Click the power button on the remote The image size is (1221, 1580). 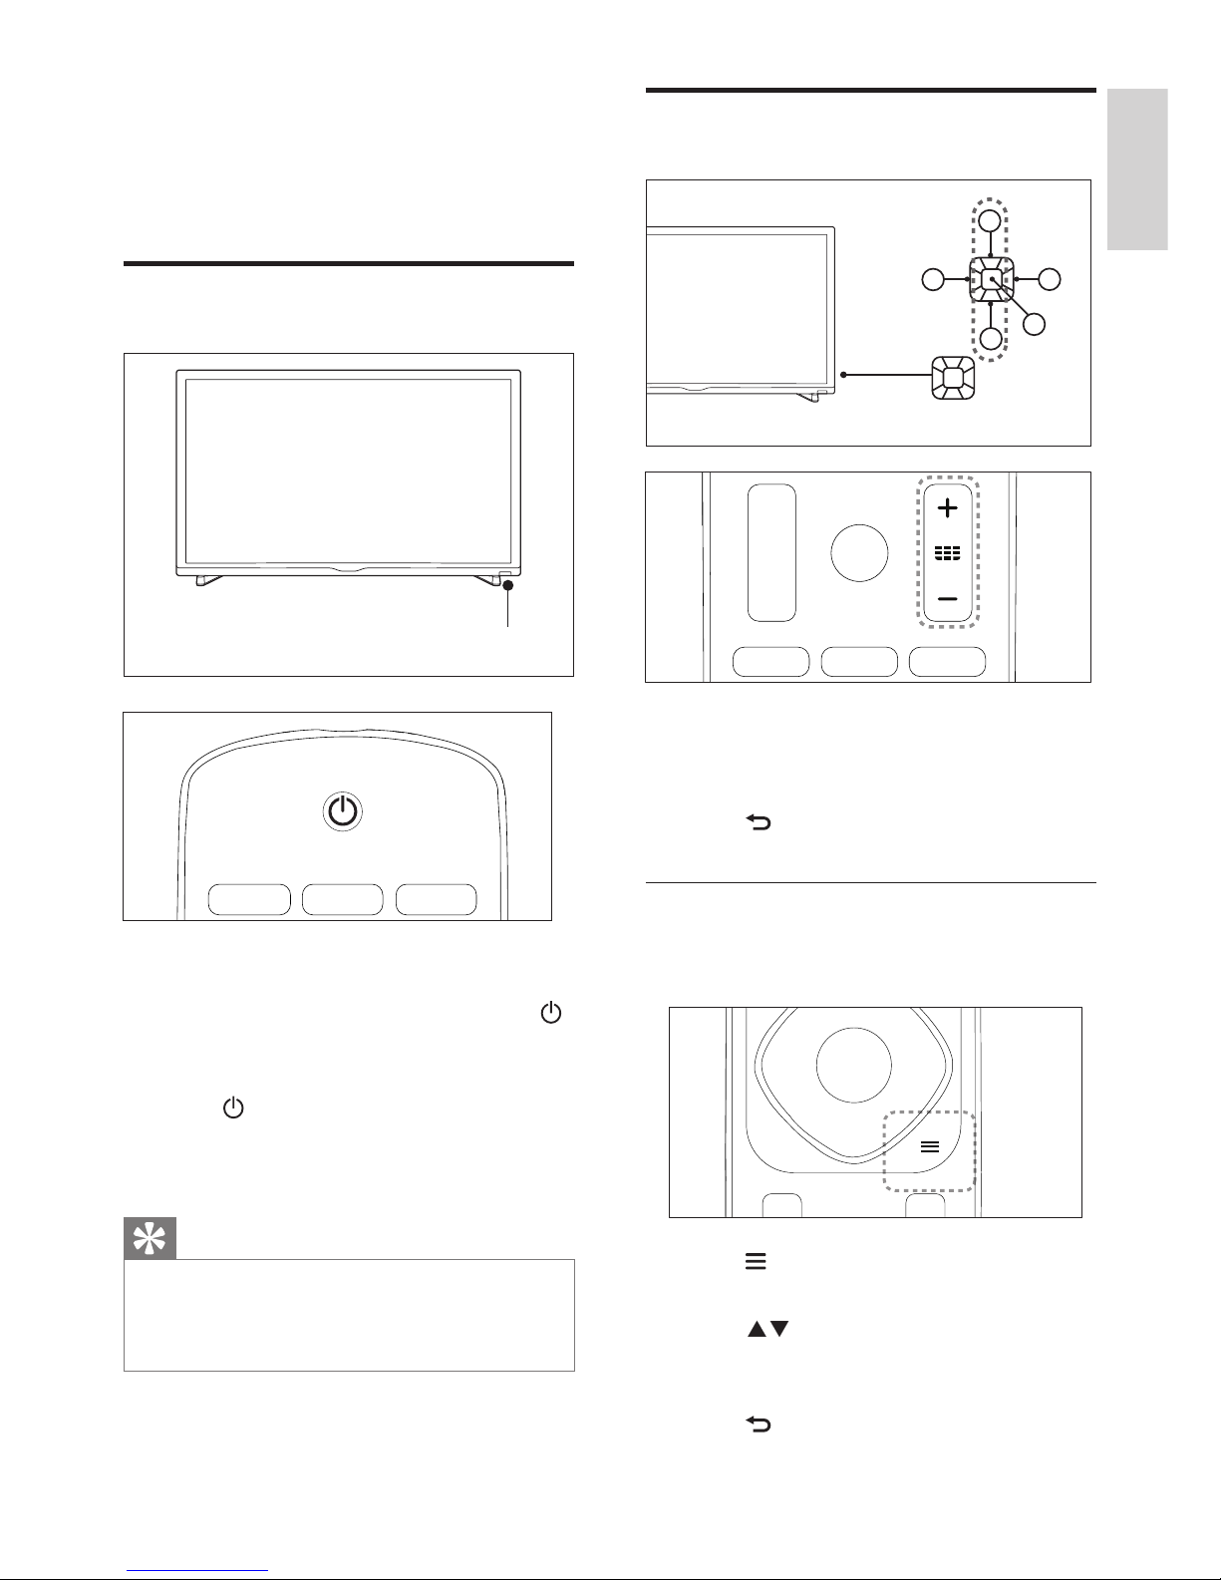coord(342,812)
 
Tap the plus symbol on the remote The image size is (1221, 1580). coord(947,508)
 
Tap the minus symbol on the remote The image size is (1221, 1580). coord(947,599)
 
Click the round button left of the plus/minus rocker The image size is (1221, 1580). coord(859,553)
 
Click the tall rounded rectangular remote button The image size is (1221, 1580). coord(772,552)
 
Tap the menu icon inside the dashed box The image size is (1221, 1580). coord(929,1146)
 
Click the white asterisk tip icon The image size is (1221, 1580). coord(150,1238)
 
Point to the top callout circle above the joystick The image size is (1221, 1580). coord(989,221)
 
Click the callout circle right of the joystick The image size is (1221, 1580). coord(1050,280)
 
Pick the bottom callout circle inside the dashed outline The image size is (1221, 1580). coord(990,339)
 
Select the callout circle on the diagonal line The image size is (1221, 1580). coord(1034,324)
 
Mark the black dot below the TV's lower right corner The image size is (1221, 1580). coord(507,587)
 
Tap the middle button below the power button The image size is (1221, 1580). coord(343,899)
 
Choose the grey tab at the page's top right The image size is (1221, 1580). coord(1136,169)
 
